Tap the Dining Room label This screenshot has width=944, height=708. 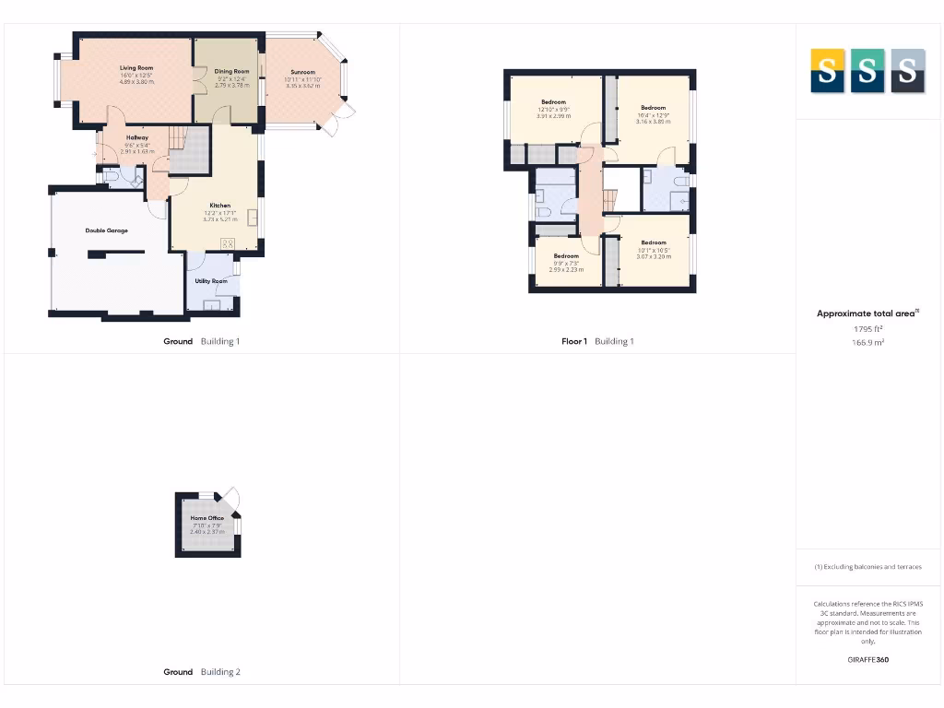232,71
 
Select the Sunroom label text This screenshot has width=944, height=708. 302,72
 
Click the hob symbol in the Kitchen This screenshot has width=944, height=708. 228,243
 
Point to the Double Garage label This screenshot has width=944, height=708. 107,230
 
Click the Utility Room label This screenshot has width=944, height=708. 211,281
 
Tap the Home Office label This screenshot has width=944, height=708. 207,518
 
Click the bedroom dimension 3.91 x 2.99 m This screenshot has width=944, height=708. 554,116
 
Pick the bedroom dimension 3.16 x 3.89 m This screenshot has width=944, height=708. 654,121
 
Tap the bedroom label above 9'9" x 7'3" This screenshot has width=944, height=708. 566,255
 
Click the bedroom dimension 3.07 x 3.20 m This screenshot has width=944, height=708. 654,256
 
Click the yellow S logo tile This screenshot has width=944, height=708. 827,71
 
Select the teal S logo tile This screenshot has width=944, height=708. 867,71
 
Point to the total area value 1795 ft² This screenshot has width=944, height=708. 867,328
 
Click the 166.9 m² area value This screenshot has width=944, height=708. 867,342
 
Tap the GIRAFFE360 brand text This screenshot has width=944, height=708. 867,659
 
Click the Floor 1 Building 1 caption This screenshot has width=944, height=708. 597,341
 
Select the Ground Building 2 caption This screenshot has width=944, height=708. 202,672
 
